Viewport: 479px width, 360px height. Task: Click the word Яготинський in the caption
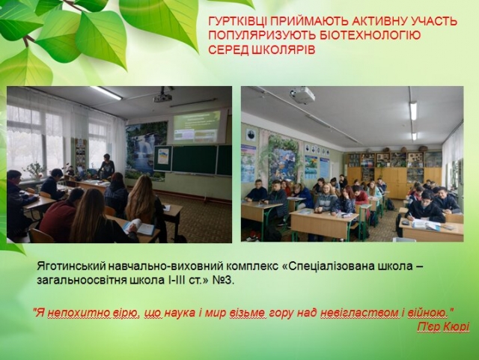click(x=71, y=266)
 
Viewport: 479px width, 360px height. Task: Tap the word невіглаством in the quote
click(x=359, y=313)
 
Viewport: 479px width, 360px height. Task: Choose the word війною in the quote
click(x=427, y=313)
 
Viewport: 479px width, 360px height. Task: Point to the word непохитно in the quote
click(x=74, y=313)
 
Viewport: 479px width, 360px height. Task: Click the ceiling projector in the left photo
click(x=162, y=97)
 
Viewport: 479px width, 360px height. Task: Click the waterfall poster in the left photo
click(x=146, y=150)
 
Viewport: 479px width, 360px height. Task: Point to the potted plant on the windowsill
click(x=34, y=170)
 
